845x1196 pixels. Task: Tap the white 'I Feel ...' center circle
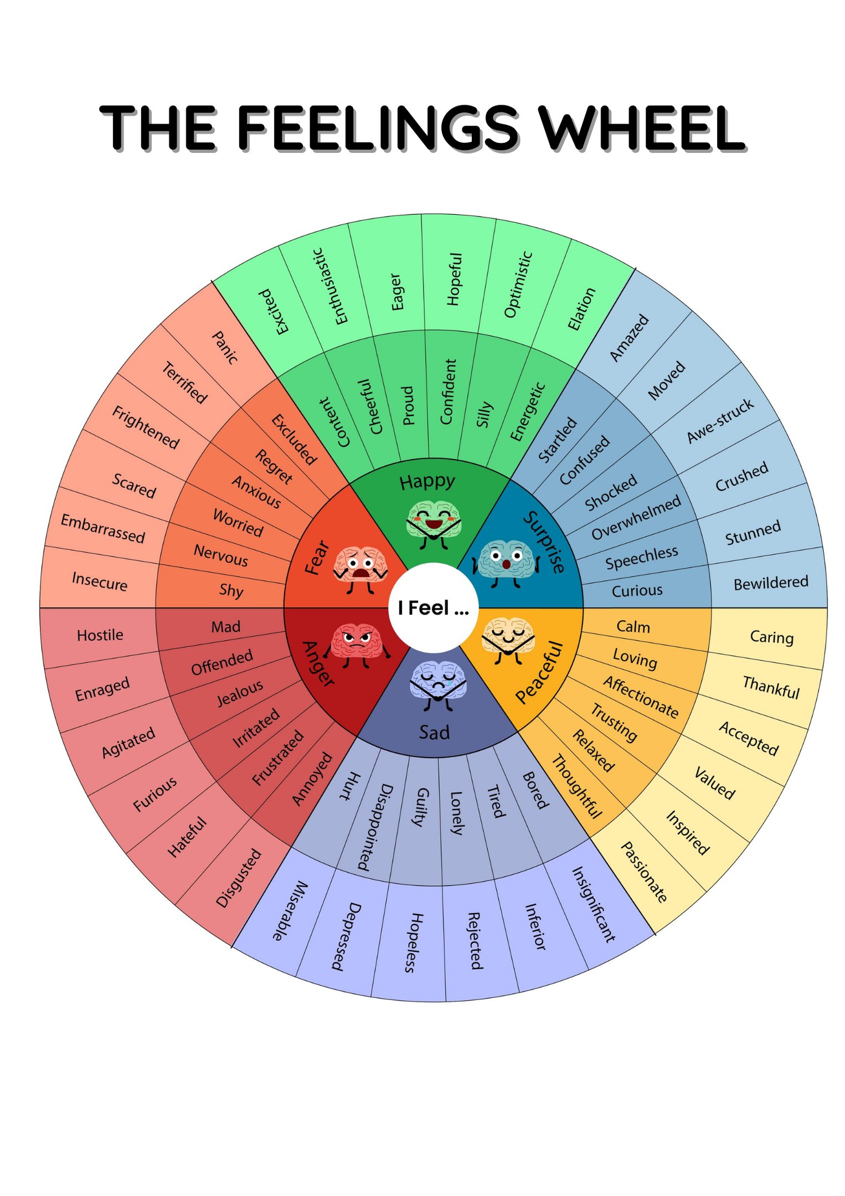pyautogui.click(x=434, y=607)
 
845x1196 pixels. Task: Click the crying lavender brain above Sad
pyautogui.click(x=437, y=684)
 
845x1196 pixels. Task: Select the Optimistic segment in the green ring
pyautogui.click(x=518, y=285)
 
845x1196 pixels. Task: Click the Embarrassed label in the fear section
pyautogui.click(x=102, y=528)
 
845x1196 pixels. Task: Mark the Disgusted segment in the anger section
pyautogui.click(x=238, y=878)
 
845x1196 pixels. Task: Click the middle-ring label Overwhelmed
pyautogui.click(x=636, y=518)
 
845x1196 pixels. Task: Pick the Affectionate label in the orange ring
pyautogui.click(x=641, y=697)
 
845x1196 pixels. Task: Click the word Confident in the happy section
pyautogui.click(x=447, y=391)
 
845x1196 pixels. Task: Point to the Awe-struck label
pyautogui.click(x=720, y=421)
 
